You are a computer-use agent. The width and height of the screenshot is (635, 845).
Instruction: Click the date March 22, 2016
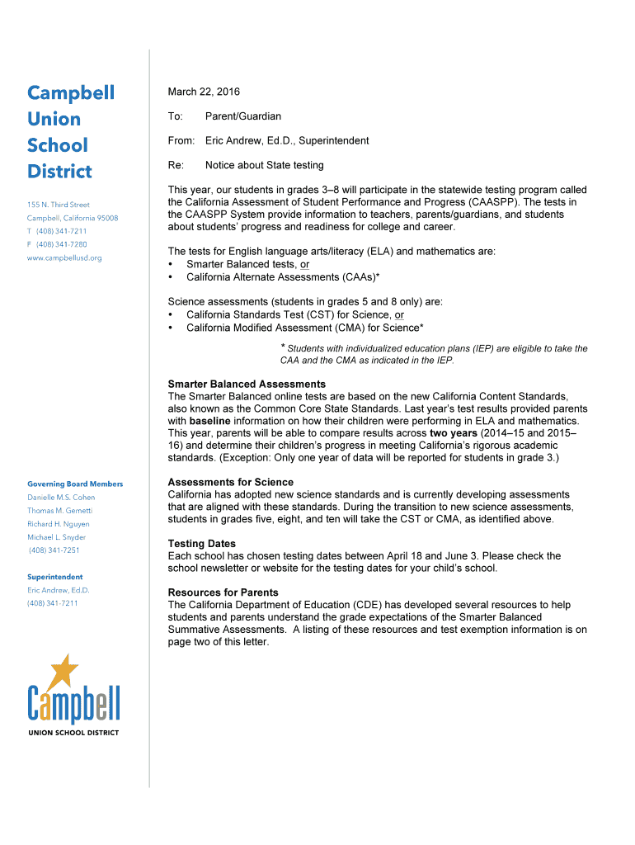pos(204,92)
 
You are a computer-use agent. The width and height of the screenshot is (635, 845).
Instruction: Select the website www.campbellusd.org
pos(64,258)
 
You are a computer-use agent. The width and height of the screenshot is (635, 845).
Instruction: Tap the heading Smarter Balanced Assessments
pos(247,385)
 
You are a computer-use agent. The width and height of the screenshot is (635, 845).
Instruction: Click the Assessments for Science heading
pos(230,483)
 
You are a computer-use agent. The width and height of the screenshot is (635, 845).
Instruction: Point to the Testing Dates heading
pos(201,544)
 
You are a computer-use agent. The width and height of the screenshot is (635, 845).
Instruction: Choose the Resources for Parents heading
pos(223,592)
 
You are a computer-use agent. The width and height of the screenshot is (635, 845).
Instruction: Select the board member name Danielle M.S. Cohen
pos(61,498)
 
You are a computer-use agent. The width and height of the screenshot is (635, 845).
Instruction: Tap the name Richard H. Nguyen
pos(59,524)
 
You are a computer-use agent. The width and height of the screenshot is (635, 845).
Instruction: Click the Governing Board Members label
pos(75,484)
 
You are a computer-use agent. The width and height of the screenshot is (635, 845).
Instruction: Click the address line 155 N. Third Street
pos(59,205)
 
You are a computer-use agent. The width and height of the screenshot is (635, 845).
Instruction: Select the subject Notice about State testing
pos(264,165)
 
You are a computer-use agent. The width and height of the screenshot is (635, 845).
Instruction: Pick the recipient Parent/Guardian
pos(243,116)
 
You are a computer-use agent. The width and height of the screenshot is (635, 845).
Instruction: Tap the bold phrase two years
pos(453,433)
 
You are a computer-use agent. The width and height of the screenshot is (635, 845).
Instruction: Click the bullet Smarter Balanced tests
pos(247,264)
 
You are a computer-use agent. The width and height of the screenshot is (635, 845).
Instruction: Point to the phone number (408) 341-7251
pos(54,550)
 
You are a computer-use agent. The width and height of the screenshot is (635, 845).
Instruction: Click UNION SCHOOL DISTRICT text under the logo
pos(73,733)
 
